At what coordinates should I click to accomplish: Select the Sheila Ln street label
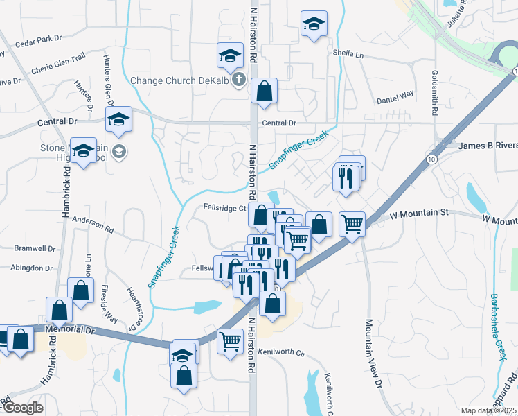point(348,53)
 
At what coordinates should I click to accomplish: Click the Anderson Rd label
point(92,225)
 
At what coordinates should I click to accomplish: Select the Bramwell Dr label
point(35,248)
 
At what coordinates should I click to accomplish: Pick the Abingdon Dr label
point(32,268)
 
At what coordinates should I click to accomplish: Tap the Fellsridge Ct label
point(224,207)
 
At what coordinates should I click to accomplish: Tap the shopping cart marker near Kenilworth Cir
point(230,340)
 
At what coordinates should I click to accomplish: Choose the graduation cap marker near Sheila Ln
point(314,25)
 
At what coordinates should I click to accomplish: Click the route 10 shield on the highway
point(431,159)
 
